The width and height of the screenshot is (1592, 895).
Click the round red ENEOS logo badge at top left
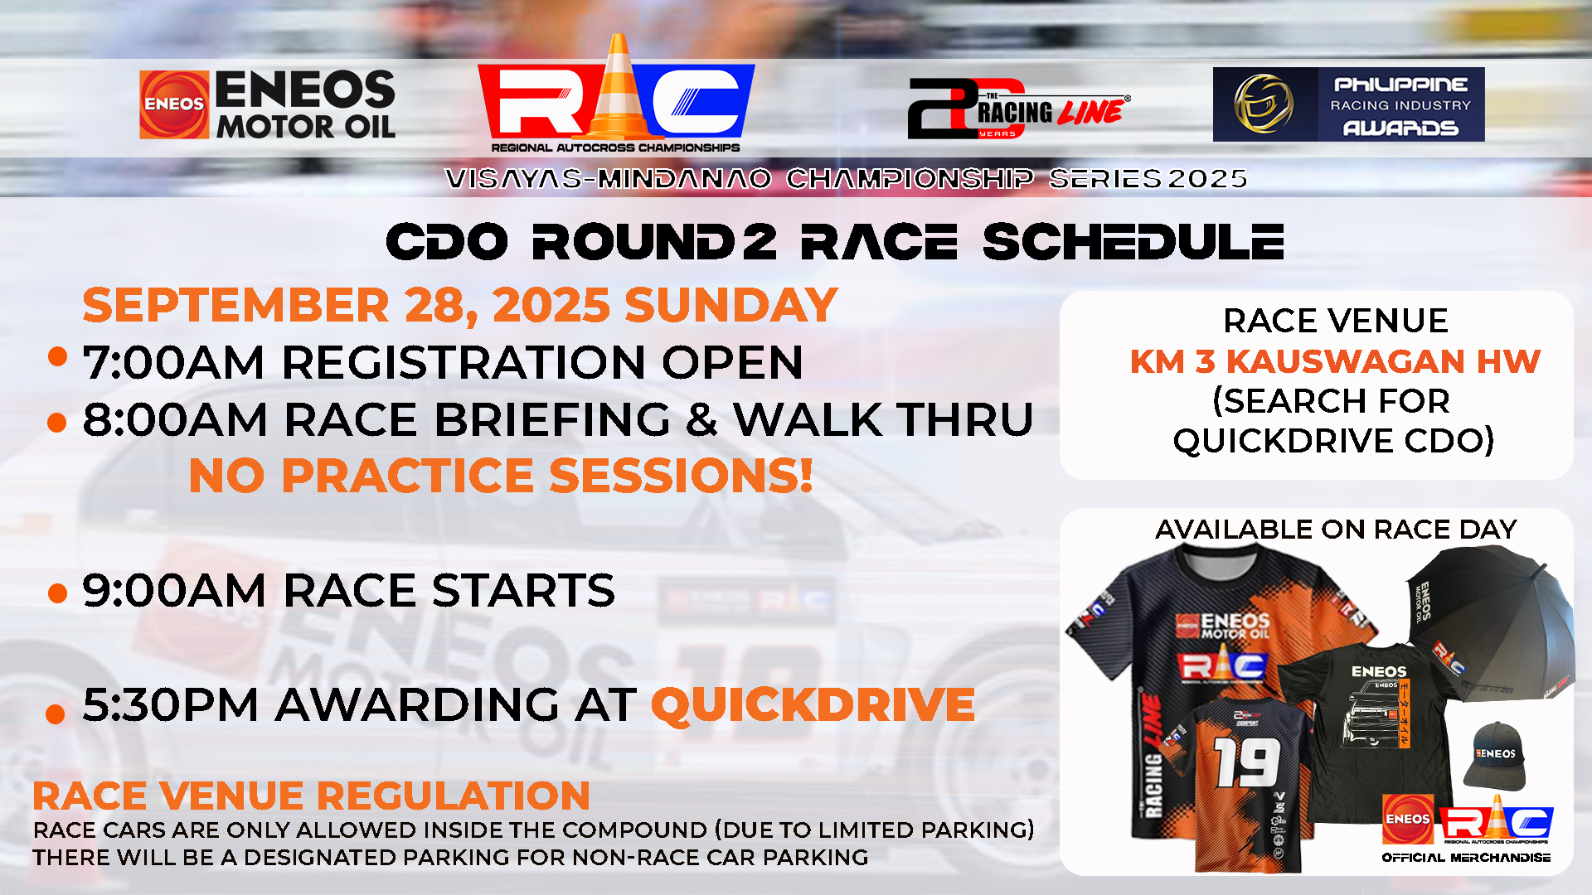tap(174, 104)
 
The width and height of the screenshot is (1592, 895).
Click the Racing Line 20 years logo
tap(1018, 109)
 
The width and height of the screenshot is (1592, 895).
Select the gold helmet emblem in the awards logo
tap(1264, 104)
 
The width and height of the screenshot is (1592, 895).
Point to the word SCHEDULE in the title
tap(1133, 242)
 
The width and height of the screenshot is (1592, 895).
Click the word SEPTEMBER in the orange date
tap(236, 305)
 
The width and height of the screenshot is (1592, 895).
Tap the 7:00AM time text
tap(173, 363)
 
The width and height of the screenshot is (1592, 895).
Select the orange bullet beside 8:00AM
tap(57, 423)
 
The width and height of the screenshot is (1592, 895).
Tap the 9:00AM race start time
tap(173, 591)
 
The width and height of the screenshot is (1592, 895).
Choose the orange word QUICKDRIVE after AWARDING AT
tap(813, 705)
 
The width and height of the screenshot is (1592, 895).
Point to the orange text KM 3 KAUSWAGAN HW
tap(1335, 361)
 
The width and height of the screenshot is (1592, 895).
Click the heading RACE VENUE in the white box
tap(1335, 321)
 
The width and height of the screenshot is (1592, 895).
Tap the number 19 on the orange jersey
tap(1247, 762)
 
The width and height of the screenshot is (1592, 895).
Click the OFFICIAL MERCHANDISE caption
tap(1466, 858)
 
